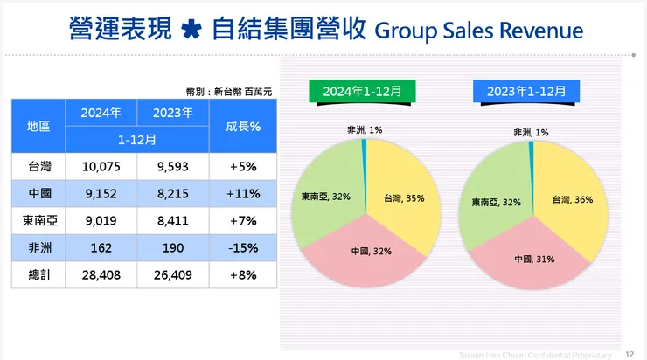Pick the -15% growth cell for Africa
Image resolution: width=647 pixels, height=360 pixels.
click(x=242, y=248)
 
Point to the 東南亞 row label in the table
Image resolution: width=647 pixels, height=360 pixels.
click(x=38, y=220)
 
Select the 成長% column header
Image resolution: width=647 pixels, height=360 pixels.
click(x=242, y=126)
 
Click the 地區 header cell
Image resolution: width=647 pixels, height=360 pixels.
click(x=38, y=126)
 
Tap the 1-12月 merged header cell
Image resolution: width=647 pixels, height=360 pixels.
click(x=136, y=139)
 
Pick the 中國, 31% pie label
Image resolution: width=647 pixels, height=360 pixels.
click(x=533, y=259)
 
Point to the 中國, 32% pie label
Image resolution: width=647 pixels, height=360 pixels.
click(x=370, y=251)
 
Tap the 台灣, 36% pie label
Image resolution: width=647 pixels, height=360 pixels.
click(x=572, y=199)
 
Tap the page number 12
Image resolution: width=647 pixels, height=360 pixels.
click(x=630, y=354)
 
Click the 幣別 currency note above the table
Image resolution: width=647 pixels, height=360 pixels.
click(x=232, y=90)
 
